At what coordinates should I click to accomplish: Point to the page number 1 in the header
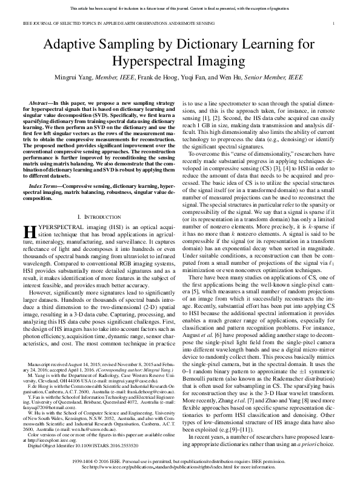click(334, 24)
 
